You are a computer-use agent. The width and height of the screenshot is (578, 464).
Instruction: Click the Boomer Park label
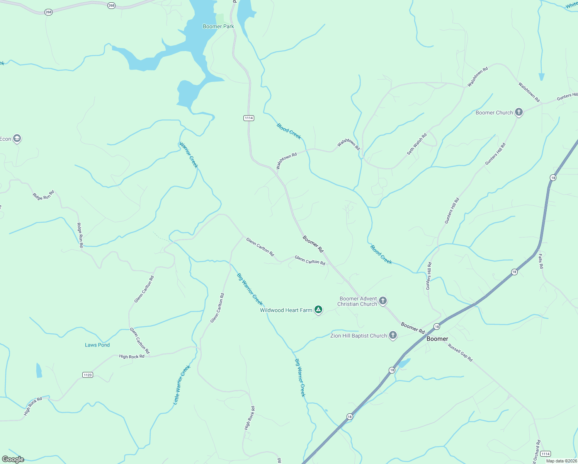click(218, 27)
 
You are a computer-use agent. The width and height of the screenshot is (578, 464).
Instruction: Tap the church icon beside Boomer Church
click(519, 113)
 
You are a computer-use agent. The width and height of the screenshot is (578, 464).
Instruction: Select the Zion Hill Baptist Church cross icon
click(393, 335)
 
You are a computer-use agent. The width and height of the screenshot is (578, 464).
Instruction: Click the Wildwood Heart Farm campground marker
click(318, 309)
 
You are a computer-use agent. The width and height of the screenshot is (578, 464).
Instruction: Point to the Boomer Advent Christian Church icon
click(383, 300)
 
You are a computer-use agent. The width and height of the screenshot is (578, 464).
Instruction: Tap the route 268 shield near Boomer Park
click(111, 5)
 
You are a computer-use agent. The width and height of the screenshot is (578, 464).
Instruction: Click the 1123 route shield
click(88, 375)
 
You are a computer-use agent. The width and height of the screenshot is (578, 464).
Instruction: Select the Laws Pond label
click(97, 345)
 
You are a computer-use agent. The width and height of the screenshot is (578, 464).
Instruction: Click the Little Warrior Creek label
click(182, 385)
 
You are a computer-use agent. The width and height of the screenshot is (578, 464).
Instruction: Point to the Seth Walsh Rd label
click(417, 144)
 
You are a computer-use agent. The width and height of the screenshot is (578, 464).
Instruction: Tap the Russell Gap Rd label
click(460, 352)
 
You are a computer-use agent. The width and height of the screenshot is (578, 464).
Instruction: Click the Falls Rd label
click(541, 261)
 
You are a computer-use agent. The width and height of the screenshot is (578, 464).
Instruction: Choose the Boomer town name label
click(437, 339)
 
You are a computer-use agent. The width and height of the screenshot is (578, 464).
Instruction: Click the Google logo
click(13, 459)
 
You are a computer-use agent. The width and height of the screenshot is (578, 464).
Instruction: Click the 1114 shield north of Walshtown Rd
click(249, 118)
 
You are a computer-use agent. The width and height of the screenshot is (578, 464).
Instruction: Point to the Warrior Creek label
click(189, 155)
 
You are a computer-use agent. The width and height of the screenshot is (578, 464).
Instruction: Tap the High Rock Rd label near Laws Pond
click(132, 357)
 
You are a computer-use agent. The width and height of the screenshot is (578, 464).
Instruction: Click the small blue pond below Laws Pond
click(39, 370)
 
